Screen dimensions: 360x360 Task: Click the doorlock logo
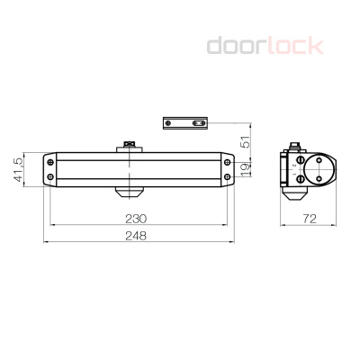click(265, 45)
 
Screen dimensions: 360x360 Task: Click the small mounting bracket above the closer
click(186, 122)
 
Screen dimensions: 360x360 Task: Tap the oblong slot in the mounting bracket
click(191, 122)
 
